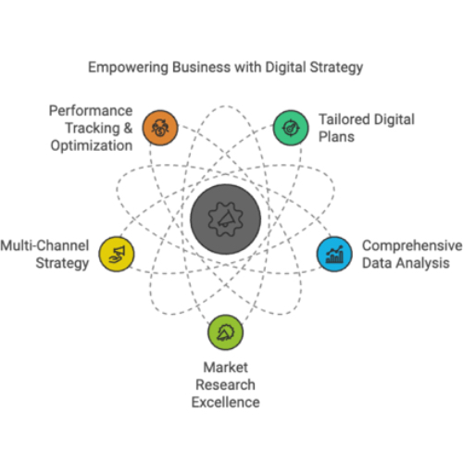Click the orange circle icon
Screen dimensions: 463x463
click(x=160, y=128)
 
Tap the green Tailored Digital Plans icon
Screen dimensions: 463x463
click(x=291, y=128)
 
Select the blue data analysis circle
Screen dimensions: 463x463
click(x=334, y=254)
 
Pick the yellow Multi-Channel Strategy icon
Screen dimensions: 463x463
click(x=117, y=254)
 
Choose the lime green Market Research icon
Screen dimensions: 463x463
click(x=225, y=332)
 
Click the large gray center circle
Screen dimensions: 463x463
click(x=225, y=219)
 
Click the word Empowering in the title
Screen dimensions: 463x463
click(x=128, y=68)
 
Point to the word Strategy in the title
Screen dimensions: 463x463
click(x=336, y=68)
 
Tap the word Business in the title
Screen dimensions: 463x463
click(x=201, y=67)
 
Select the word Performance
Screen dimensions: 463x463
click(x=91, y=110)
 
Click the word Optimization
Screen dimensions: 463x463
click(x=92, y=145)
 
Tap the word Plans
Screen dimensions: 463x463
click(x=336, y=137)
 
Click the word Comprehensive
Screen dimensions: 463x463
click(x=412, y=245)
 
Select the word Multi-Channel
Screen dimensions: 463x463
click(x=44, y=245)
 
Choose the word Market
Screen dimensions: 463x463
click(x=226, y=368)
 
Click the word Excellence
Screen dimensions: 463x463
click(x=226, y=402)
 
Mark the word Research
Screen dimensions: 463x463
click(x=226, y=385)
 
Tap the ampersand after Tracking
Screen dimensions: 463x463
click(x=128, y=128)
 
